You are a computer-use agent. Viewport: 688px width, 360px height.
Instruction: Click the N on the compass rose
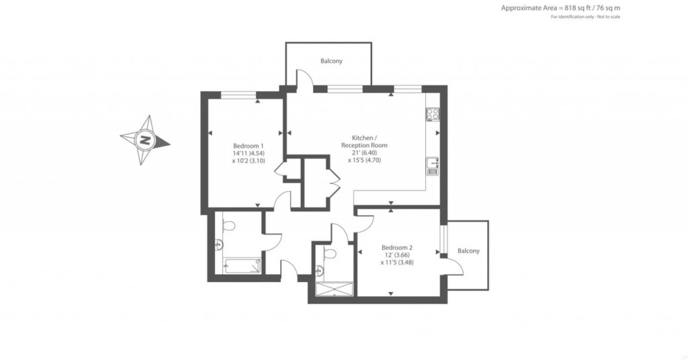coord(144,141)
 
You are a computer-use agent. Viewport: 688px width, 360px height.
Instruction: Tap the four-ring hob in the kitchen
coord(432,115)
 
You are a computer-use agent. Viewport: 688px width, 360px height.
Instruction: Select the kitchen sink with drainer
coord(433,165)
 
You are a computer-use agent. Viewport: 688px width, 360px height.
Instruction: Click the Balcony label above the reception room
coord(331,61)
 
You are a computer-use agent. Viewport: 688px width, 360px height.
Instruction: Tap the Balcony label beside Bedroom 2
coord(468,251)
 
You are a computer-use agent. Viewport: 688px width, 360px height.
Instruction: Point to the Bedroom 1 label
coord(248,146)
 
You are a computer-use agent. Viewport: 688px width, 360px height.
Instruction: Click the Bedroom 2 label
coord(396,246)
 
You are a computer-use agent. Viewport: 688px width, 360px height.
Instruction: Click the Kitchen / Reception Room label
coord(364,141)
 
